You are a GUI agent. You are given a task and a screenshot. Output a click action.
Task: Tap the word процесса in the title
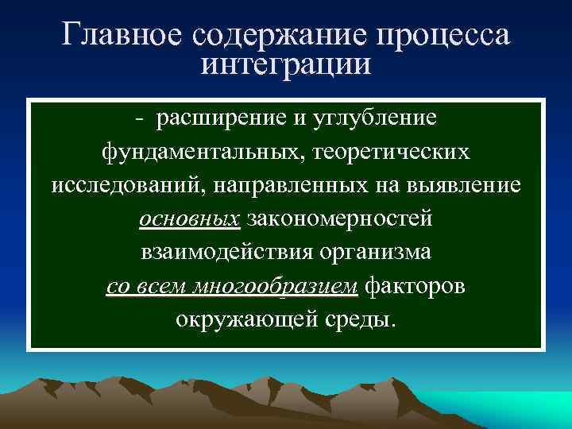pos(445,35)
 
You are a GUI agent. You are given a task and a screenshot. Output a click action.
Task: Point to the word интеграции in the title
pos(286,64)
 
